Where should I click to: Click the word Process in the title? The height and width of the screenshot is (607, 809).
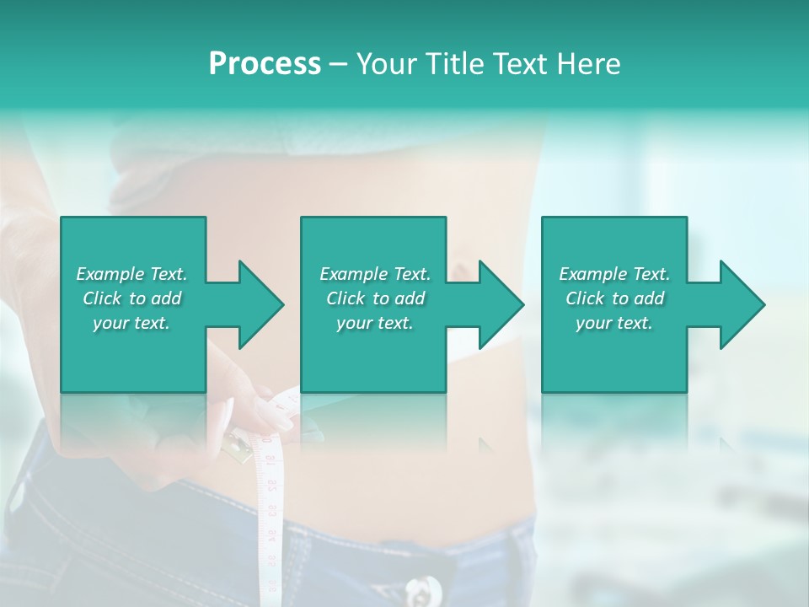[265, 64]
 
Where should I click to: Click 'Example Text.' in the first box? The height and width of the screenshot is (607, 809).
[131, 274]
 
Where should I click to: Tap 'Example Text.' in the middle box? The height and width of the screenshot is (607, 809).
[375, 274]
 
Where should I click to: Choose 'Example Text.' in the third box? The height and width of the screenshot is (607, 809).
[614, 274]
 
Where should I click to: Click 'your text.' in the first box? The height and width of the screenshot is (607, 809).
[131, 323]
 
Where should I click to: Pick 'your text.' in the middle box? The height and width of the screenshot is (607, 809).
[375, 323]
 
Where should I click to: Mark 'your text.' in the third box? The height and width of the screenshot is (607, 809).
[614, 323]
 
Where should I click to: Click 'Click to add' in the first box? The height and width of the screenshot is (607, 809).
[131, 298]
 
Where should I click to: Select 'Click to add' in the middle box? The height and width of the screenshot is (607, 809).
[375, 298]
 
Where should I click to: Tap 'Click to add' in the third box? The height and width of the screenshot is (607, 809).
[614, 298]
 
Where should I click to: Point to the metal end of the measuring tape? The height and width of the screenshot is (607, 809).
[240, 447]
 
